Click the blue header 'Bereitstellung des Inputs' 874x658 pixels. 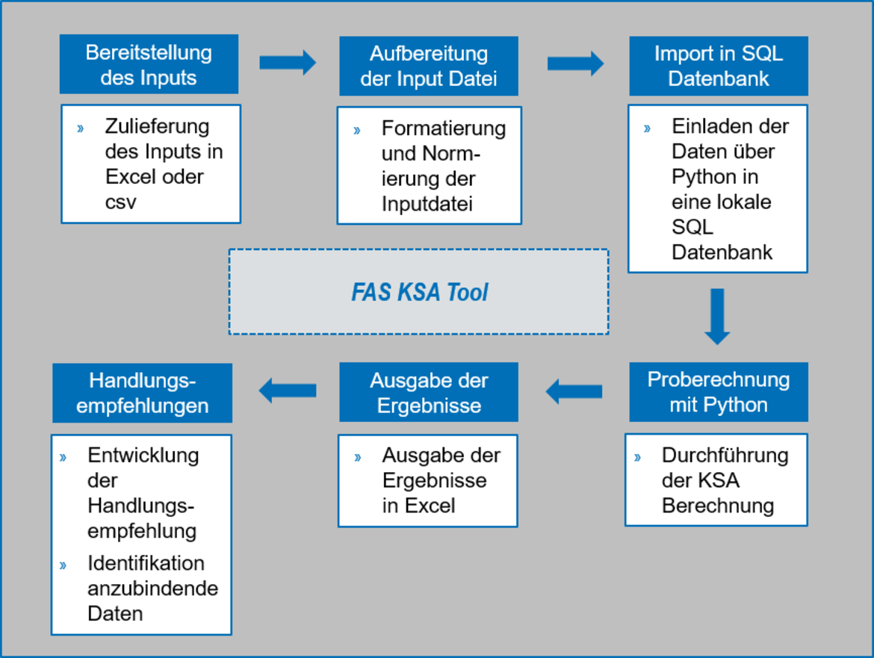click(149, 64)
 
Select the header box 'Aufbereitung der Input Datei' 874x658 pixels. click(429, 66)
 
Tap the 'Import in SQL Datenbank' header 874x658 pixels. click(719, 66)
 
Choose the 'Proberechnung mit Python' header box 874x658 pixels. click(719, 392)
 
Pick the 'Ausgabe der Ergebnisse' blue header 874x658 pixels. click(429, 392)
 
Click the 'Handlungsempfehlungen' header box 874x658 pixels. click(142, 394)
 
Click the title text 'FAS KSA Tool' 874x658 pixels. click(419, 293)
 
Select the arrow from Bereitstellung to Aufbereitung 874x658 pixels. click(288, 63)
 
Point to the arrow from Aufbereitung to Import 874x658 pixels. click(575, 63)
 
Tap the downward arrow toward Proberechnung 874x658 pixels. click(717, 317)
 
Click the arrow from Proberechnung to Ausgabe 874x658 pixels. click(574, 391)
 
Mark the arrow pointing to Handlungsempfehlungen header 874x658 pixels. click(288, 391)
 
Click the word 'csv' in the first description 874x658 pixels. click(120, 202)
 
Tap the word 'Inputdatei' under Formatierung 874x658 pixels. click(427, 204)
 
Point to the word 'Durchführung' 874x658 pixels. click(725, 455)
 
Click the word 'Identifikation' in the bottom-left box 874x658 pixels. click(146, 563)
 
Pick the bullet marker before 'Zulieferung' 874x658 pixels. click(80, 128)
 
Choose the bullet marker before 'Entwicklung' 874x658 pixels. click(63, 458)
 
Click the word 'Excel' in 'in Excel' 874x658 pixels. click(430, 506)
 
